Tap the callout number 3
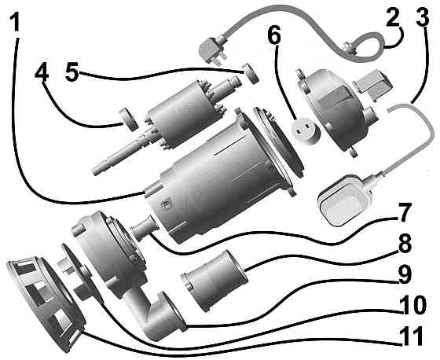[423, 19]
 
